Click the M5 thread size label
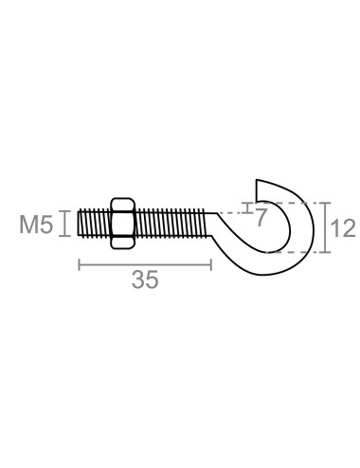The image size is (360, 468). pyautogui.click(x=36, y=225)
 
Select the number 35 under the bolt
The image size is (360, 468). pyautogui.click(x=145, y=279)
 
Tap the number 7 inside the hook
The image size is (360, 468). pyautogui.click(x=261, y=216)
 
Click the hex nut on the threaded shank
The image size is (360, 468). pyautogui.click(x=122, y=224)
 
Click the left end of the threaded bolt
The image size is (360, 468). pyautogui.click(x=81, y=224)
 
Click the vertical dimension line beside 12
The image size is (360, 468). pyautogui.click(x=325, y=227)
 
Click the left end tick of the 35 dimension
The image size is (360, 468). pyautogui.click(x=78, y=263)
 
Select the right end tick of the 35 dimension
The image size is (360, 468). pyautogui.click(x=210, y=263)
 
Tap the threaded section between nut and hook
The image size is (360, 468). pyautogui.click(x=171, y=224)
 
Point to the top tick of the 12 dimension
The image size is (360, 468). pyautogui.click(x=325, y=203)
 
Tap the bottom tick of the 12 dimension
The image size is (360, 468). pyautogui.click(x=325, y=253)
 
